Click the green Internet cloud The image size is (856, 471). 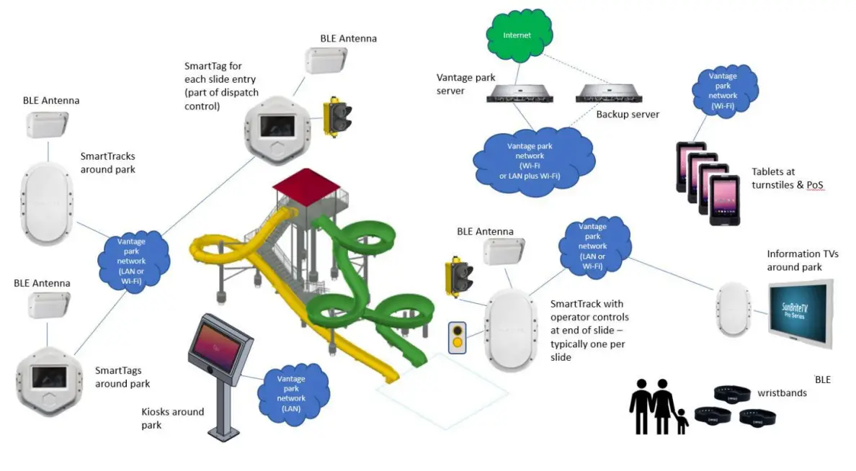518,35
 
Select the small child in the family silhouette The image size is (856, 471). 681,421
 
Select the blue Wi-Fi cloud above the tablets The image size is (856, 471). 723,91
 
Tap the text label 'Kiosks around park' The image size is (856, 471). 172,418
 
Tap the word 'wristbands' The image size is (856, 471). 782,393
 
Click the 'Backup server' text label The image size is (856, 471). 628,115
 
